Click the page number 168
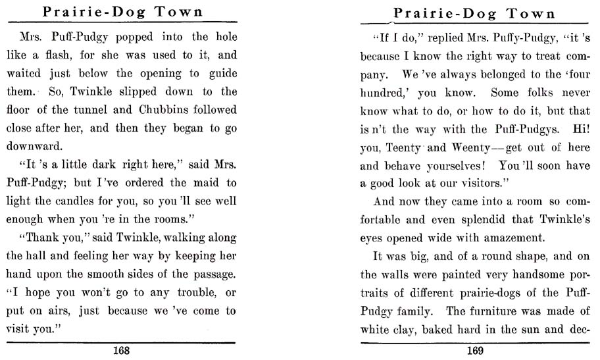pyautogui.click(x=121, y=351)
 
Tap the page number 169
pyautogui.click(x=475, y=351)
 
